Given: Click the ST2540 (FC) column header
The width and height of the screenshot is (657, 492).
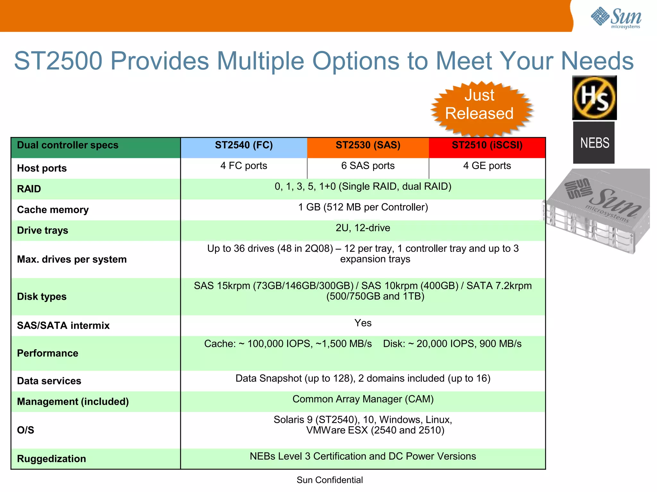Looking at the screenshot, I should coord(244,145).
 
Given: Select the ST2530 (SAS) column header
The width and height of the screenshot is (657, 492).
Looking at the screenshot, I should coord(368,145).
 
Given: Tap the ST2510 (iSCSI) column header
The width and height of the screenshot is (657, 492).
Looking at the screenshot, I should coord(487,145).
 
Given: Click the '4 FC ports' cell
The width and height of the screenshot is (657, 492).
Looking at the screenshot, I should coord(244,166).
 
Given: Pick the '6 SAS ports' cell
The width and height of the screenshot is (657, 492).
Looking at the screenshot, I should coord(368,166).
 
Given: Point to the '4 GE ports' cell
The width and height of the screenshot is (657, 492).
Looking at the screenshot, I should coord(487,166).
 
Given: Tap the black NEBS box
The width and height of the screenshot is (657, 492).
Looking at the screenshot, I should coord(594,143).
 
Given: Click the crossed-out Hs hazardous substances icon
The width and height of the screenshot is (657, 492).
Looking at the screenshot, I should coord(594,98).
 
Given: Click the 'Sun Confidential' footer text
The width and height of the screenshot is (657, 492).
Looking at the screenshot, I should coord(330,480).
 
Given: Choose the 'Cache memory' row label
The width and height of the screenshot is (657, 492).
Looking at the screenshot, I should coord(53,210).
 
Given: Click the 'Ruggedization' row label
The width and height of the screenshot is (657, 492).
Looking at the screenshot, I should coord(51,459).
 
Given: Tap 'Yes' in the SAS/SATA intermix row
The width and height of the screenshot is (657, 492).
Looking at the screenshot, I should coord(363,323).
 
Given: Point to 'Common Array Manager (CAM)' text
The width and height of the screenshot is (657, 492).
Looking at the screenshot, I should coord(363,399).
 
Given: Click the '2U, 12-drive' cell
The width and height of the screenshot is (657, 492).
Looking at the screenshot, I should coord(363,228).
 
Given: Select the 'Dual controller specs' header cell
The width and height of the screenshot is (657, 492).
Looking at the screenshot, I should coord(68,145).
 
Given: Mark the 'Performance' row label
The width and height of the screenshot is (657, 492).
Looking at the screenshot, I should coord(47,353).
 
